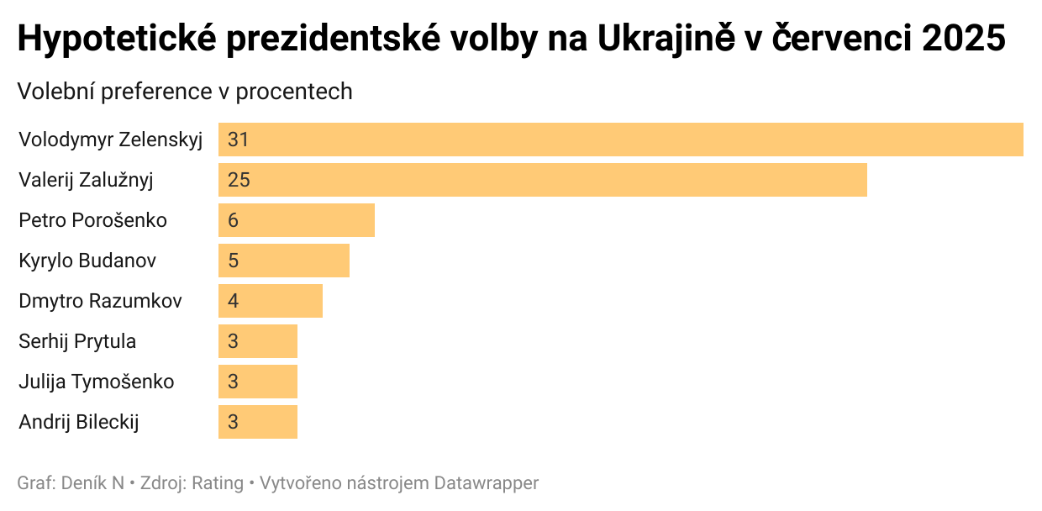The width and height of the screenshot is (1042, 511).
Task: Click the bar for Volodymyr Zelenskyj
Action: click(620, 140)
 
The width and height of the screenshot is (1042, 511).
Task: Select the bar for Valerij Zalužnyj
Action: click(542, 180)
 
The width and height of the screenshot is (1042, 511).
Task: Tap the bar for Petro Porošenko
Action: click(296, 220)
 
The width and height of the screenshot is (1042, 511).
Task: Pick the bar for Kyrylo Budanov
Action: click(283, 261)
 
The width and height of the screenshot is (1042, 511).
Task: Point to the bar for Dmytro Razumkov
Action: click(270, 301)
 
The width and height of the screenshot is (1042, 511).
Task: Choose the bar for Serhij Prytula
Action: click(257, 341)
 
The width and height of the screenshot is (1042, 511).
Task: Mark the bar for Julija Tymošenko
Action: click(257, 382)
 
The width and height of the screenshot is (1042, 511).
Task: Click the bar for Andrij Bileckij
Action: click(257, 422)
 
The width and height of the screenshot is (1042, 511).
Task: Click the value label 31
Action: click(238, 140)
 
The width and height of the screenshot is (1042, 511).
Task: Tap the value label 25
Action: click(239, 180)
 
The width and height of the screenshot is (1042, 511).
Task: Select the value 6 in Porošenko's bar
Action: click(233, 220)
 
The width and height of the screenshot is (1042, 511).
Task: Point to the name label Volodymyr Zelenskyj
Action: click(111, 140)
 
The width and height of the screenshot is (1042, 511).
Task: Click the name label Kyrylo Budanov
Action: click(87, 261)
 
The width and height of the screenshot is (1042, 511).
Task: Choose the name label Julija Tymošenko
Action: click(97, 382)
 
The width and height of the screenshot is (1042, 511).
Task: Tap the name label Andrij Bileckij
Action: click(79, 422)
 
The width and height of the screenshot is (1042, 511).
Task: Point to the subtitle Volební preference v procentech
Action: click(185, 92)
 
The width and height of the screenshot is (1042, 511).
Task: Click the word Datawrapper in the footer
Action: click(487, 483)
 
